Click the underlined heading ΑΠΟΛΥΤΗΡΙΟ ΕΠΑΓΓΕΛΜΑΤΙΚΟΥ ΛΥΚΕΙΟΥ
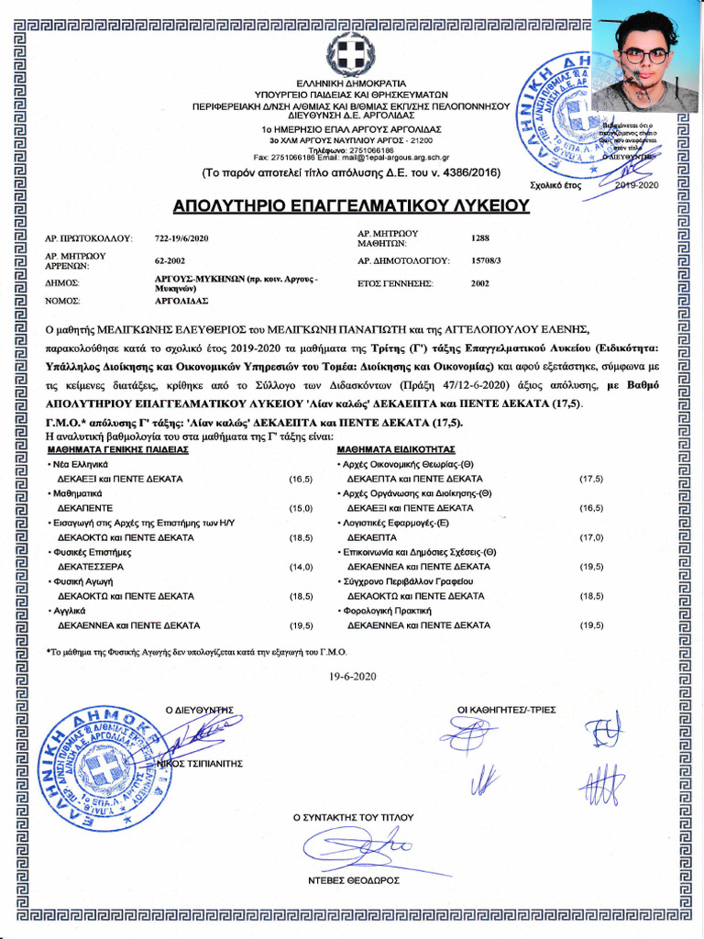click(351, 204)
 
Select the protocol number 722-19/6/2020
click(181, 238)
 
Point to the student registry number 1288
click(480, 238)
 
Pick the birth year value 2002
click(480, 284)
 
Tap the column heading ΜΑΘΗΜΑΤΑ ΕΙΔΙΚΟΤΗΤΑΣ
click(396, 451)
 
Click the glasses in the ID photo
click(645, 55)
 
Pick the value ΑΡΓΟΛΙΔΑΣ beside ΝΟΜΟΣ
click(181, 301)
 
